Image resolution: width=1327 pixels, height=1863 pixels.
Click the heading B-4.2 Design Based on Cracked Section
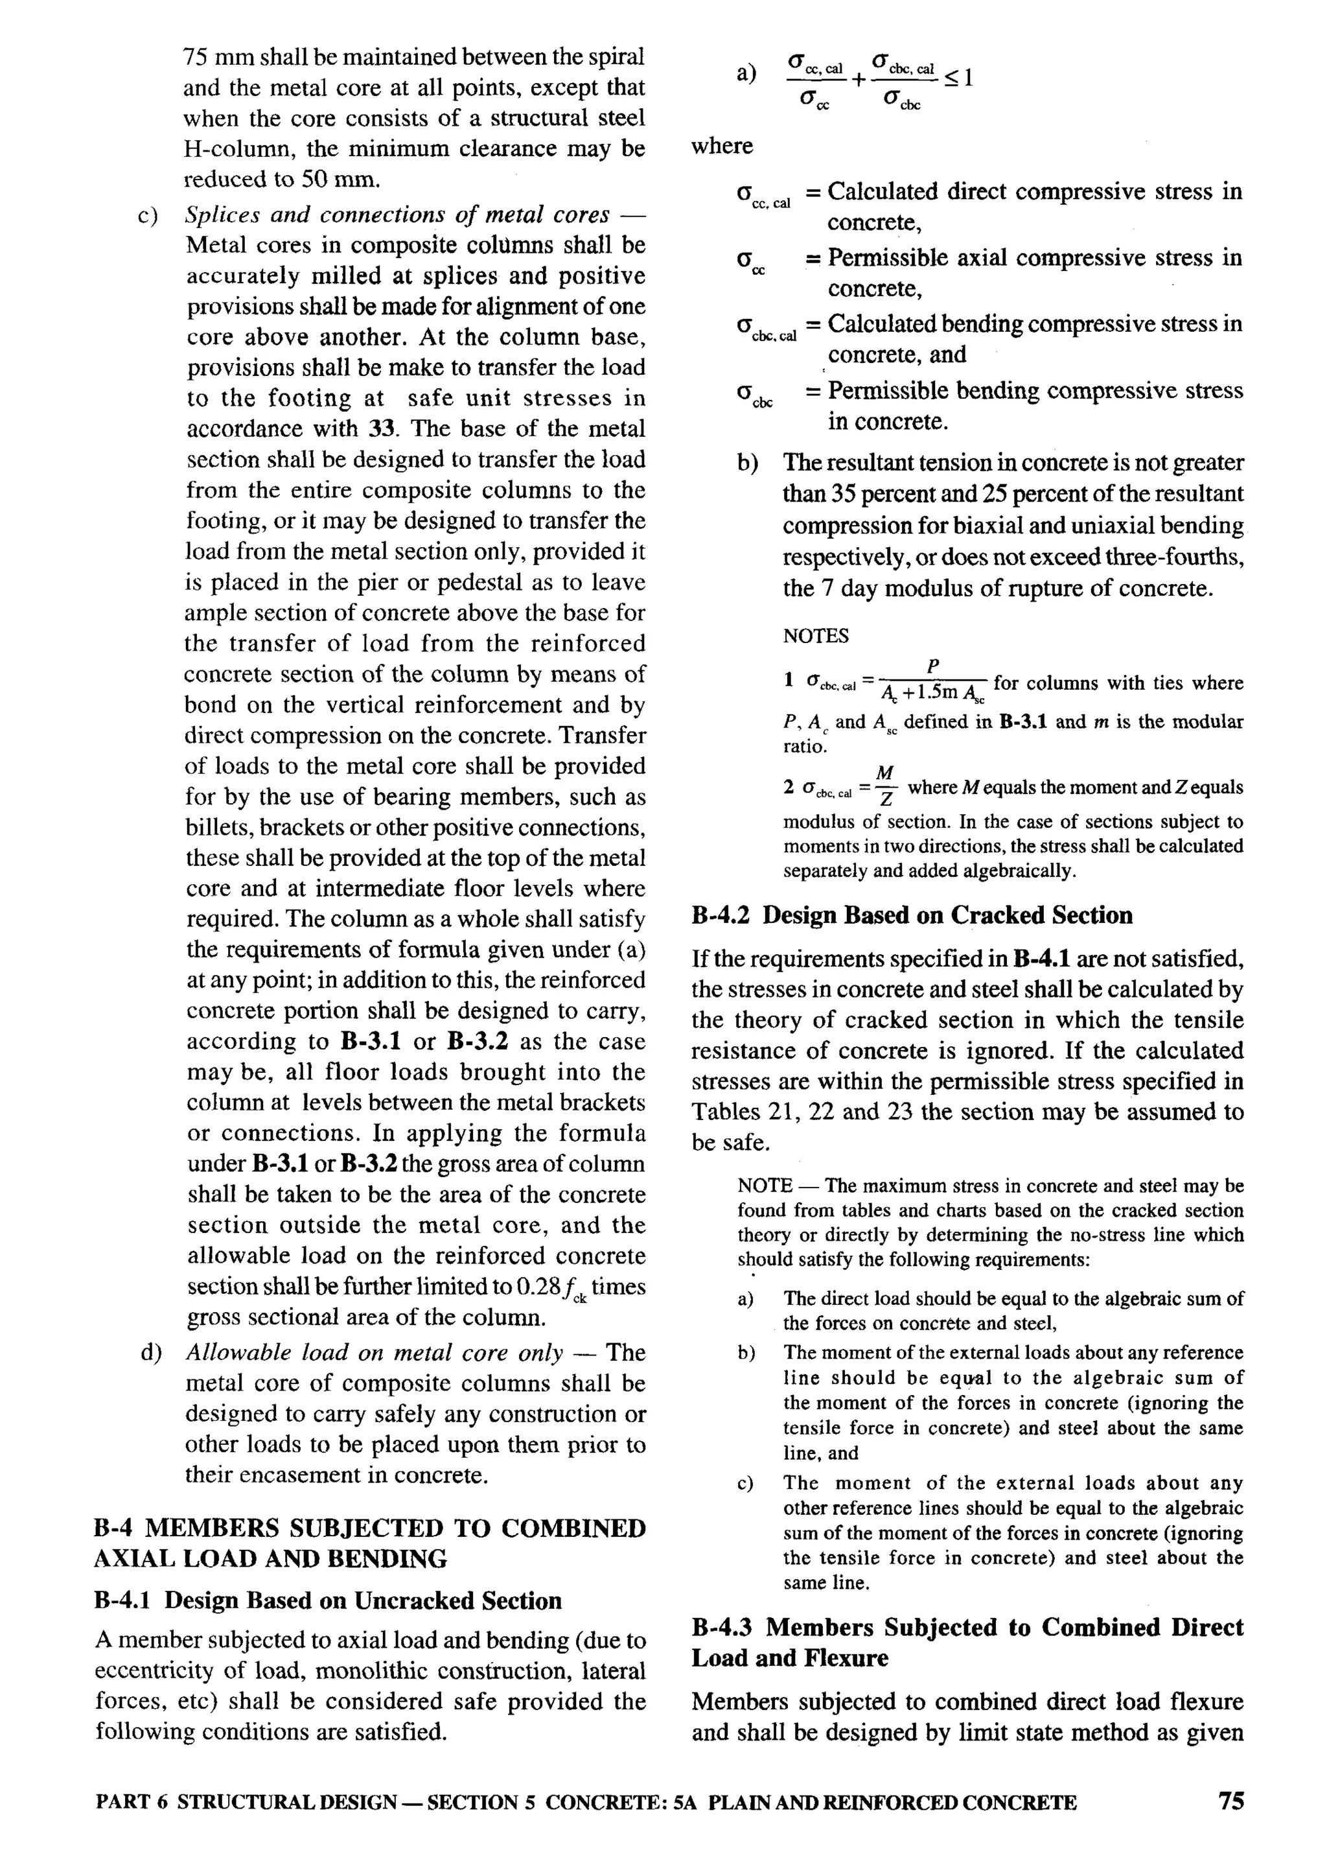[911, 915]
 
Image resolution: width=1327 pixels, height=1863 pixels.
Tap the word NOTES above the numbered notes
[816, 636]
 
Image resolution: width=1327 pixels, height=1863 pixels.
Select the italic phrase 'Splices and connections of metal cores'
[397, 215]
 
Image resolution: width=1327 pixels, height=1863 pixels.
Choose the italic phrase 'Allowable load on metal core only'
[375, 1353]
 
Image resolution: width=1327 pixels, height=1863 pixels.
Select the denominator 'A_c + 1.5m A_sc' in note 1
[933, 694]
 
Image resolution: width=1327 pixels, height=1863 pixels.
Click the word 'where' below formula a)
[722, 146]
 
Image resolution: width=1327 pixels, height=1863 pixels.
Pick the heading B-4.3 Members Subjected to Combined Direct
[967, 1628]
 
